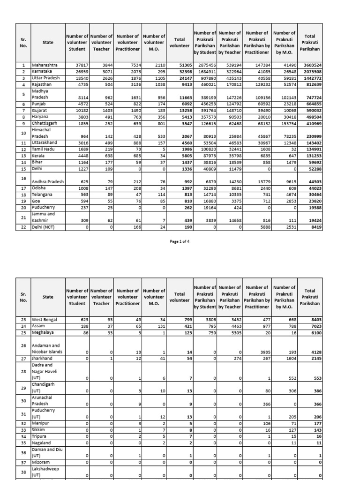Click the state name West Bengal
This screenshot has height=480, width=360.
coord(44,320)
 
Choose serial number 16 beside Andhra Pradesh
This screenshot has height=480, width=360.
coord(23,178)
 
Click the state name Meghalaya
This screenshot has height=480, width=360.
coord(43,332)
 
